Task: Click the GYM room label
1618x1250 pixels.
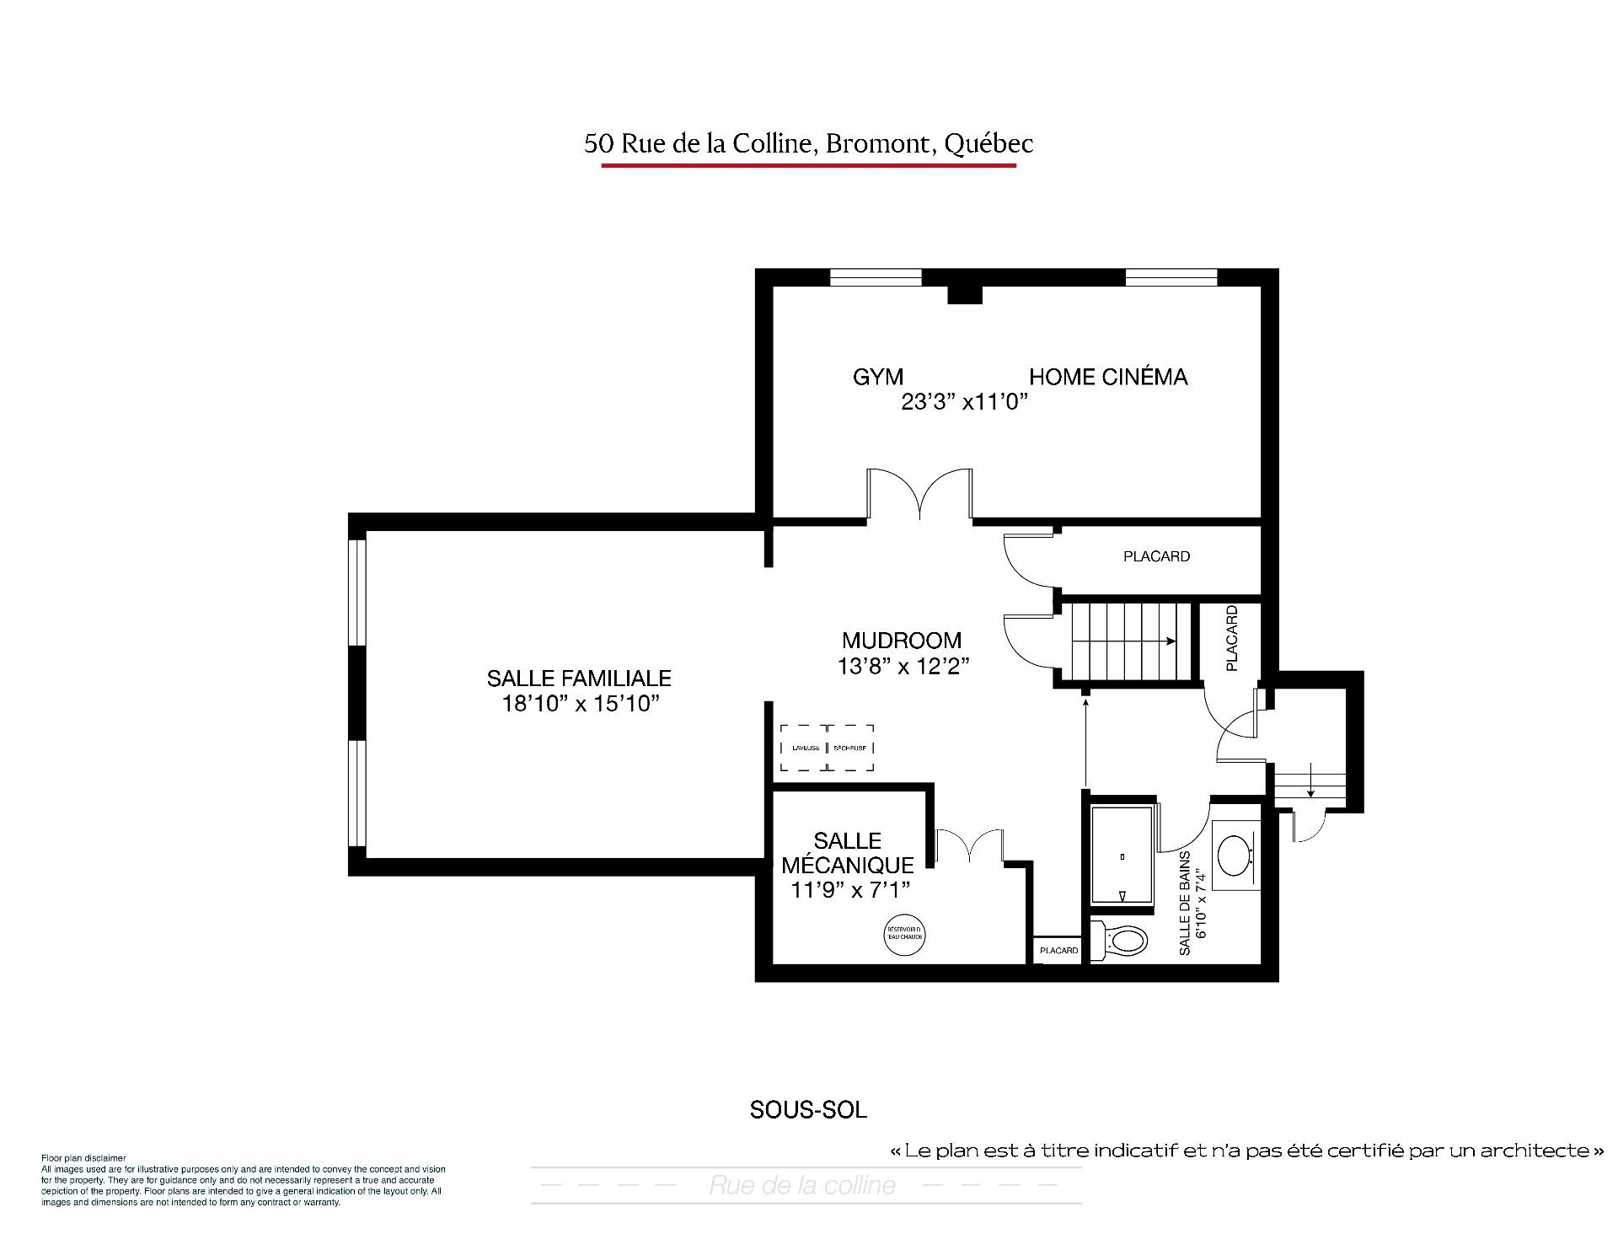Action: [877, 377]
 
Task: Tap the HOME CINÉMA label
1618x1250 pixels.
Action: [1107, 377]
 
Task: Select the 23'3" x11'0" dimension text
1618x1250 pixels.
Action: [966, 402]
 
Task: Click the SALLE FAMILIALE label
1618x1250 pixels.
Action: [578, 678]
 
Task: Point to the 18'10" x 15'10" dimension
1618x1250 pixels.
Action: [580, 704]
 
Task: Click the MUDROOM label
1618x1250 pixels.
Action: [902, 640]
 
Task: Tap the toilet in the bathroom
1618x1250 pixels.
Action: [1121, 940]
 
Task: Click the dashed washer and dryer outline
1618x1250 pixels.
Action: [827, 748]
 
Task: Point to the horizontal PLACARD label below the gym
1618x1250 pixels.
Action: [1156, 556]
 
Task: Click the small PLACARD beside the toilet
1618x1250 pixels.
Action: [1058, 950]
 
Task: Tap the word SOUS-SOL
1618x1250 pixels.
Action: [808, 1110]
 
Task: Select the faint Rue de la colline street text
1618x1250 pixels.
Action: [802, 1185]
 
